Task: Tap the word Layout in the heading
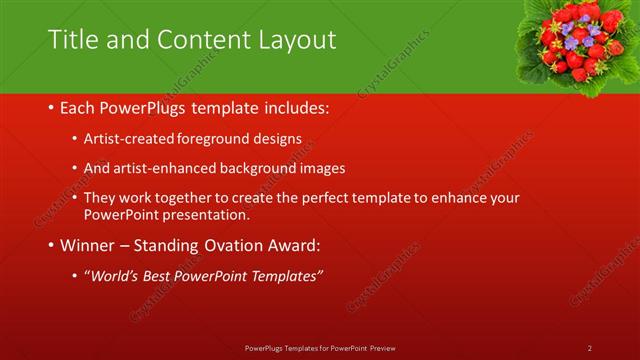pyautogui.click(x=290, y=39)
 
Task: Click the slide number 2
pyautogui.click(x=590, y=347)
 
